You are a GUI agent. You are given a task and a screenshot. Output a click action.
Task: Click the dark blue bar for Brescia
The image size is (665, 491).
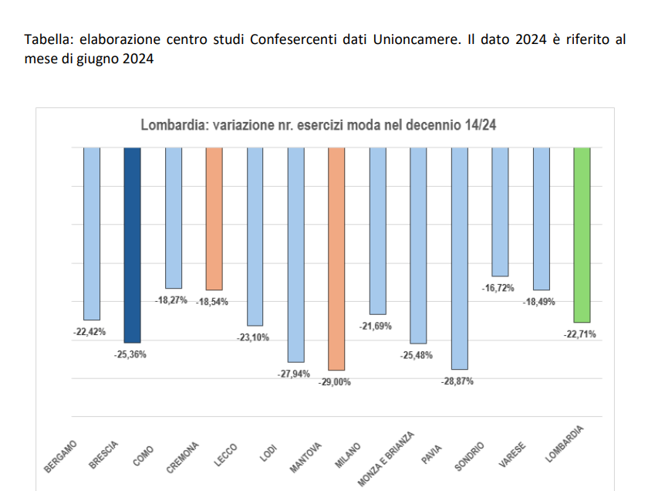(133, 244)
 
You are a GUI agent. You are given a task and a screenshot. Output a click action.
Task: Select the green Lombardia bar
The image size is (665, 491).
(582, 235)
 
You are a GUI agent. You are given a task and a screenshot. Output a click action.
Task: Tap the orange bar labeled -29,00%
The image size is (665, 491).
(336, 259)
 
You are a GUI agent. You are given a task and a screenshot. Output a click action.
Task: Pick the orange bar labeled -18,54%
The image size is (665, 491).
(214, 218)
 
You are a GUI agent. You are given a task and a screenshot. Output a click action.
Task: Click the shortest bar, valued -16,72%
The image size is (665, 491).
(500, 212)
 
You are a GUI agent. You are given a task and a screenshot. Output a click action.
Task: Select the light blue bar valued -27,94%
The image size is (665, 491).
(296, 255)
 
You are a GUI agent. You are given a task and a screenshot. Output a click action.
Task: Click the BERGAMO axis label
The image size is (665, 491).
(62, 456)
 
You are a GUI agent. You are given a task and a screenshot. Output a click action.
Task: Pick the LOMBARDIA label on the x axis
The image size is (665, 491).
(565, 445)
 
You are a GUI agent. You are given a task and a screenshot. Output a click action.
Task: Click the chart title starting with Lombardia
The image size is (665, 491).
(318, 126)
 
